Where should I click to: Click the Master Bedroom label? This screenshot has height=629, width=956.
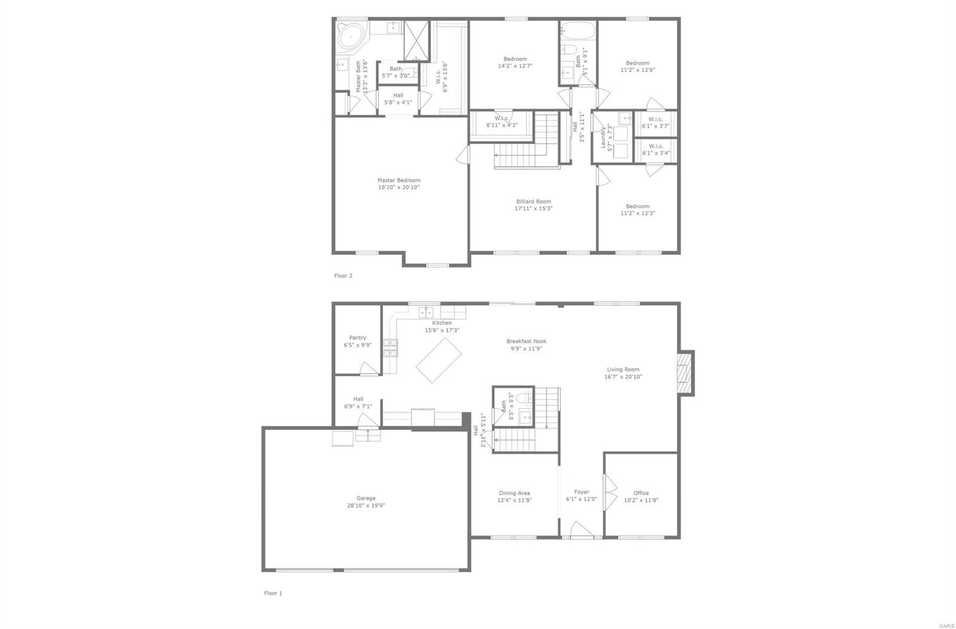tap(399, 180)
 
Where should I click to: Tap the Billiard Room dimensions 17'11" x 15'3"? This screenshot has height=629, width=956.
tap(534, 208)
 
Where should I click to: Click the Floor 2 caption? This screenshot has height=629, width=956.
tap(343, 276)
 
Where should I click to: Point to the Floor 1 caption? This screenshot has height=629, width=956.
tap(273, 593)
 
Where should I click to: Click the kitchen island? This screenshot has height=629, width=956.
tap(439, 360)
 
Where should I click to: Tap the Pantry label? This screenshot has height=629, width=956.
tap(357, 337)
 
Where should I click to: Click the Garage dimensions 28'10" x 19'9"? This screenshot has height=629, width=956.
tap(366, 505)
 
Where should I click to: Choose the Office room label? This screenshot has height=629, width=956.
tap(641, 493)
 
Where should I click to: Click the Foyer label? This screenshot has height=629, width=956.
tap(581, 492)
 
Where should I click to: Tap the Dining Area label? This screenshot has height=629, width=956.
tap(514, 493)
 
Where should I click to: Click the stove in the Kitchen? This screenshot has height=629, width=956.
tap(390, 348)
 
